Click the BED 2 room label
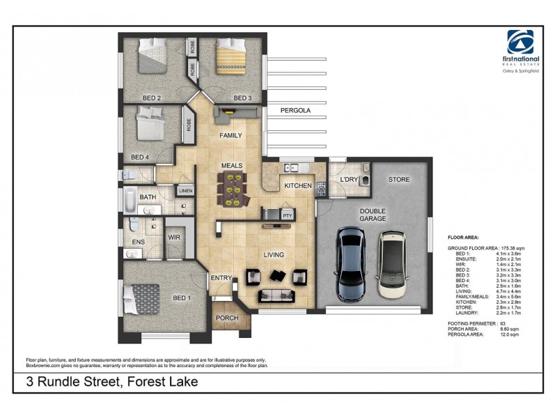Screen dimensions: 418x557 coord(152,98)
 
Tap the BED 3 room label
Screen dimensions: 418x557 coord(242,98)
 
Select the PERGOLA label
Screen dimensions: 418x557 coord(295,111)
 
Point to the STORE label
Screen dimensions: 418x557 coord(399,180)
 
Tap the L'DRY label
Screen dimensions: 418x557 coord(348,180)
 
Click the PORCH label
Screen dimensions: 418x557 coord(227,318)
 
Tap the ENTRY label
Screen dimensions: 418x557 coord(221,279)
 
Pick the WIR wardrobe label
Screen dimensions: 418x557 coord(174,237)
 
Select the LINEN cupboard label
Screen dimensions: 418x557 coord(185,190)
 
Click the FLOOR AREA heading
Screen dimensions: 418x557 coord(464,238)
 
